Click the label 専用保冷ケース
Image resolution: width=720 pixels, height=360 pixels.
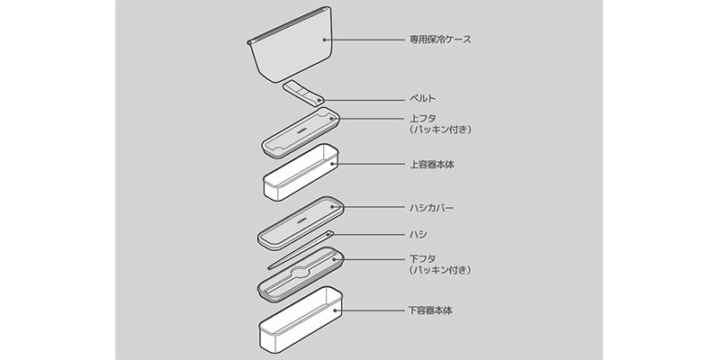pos(440,40)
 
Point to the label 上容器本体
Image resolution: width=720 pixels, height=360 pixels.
pos(431,165)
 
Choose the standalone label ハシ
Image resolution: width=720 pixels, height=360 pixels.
pos(416,234)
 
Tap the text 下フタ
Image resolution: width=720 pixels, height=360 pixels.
pos(420,258)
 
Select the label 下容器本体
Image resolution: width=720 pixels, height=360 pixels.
pos(431,310)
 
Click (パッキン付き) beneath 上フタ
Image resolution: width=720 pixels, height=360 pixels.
pos(440,130)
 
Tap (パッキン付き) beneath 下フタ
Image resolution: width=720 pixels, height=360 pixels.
pos(440,270)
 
